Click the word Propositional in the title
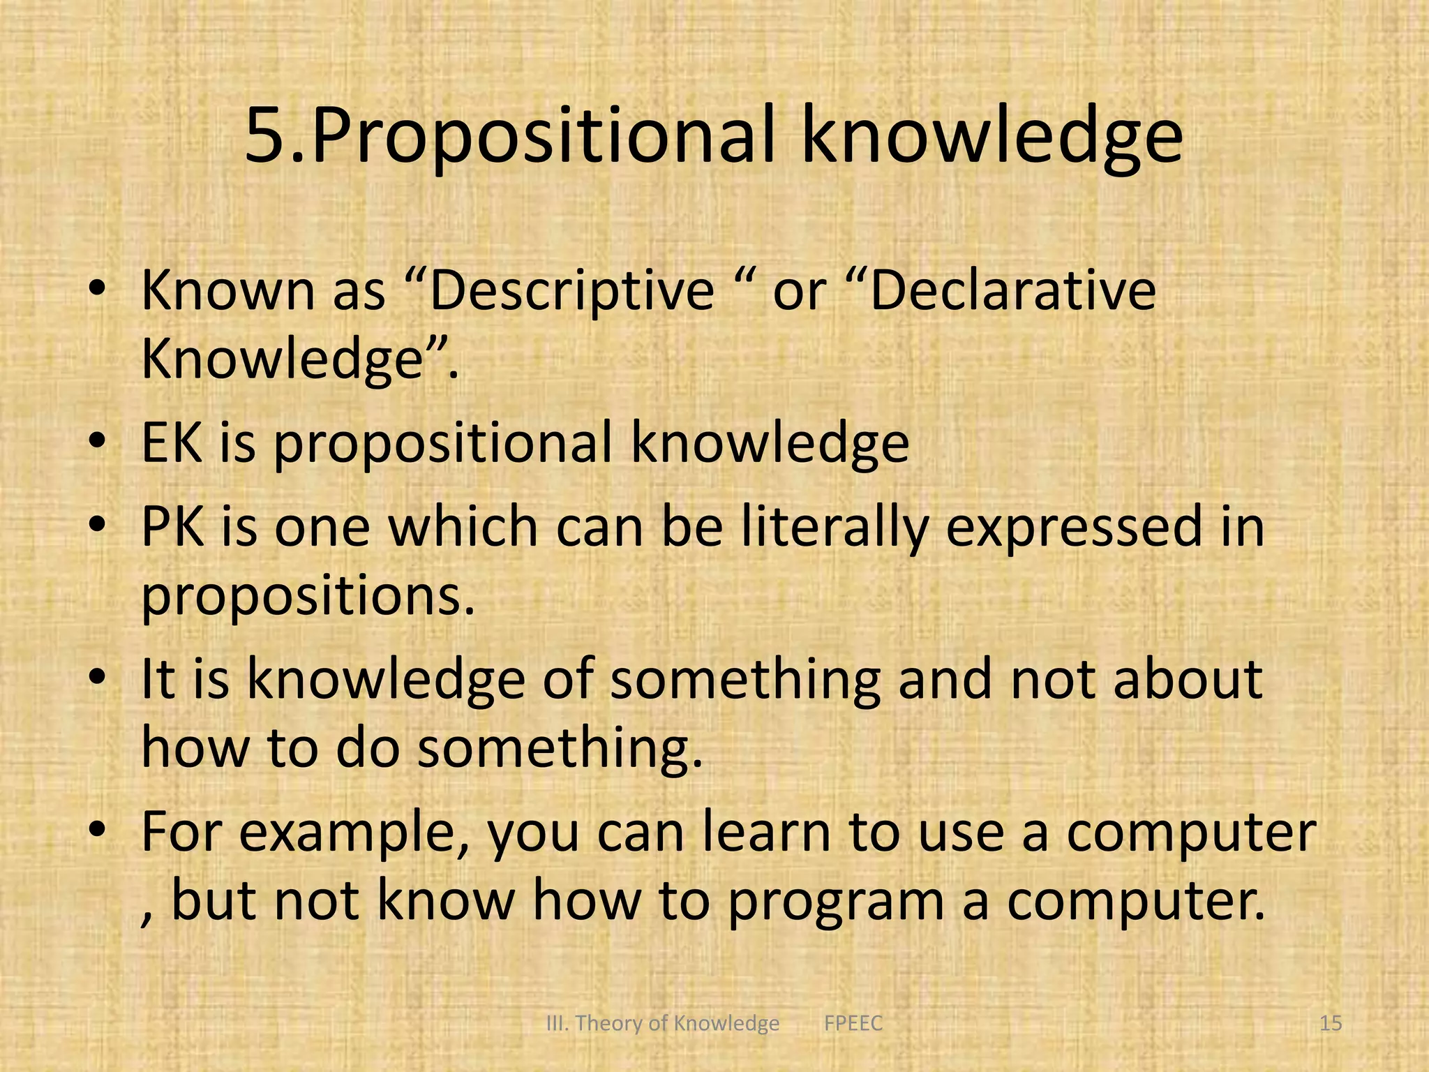[544, 137]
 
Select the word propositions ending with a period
[308, 597]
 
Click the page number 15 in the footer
[1331, 1023]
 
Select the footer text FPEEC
[853, 1023]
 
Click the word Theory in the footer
[609, 1024]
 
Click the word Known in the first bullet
[227, 290]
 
